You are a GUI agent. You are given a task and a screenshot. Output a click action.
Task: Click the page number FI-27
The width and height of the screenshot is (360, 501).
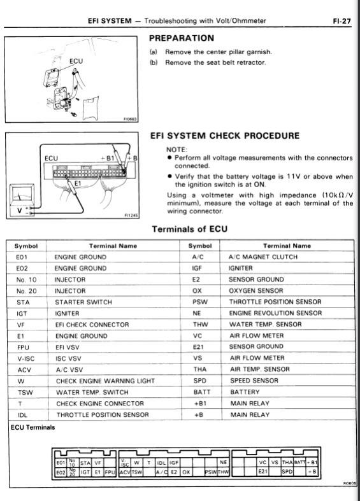(342, 21)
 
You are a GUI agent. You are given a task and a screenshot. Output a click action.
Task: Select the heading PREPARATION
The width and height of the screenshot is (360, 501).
(182, 38)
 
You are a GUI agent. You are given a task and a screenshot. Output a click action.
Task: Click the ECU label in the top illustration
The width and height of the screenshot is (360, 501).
(76, 61)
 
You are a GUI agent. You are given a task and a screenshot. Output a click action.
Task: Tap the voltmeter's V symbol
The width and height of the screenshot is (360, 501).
(20, 210)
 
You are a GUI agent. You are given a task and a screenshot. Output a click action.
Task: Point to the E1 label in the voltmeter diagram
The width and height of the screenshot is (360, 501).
(78, 183)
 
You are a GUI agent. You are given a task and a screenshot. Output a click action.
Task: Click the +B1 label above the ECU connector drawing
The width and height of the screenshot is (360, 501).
(108, 158)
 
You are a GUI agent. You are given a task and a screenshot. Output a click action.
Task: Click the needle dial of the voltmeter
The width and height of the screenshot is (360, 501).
(22, 194)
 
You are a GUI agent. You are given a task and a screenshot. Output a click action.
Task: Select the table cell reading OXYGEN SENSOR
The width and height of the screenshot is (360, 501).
(256, 291)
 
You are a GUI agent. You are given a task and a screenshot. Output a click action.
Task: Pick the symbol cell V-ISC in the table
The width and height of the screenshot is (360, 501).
(26, 358)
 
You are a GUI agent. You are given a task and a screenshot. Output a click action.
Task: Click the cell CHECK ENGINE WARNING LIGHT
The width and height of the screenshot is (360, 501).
(106, 381)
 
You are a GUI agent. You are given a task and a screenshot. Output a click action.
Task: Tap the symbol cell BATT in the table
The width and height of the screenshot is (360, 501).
(202, 392)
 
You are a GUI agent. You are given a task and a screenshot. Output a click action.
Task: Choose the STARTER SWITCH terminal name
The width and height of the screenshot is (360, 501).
(83, 302)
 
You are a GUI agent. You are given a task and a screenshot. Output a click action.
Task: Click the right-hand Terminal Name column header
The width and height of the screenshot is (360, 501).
(287, 246)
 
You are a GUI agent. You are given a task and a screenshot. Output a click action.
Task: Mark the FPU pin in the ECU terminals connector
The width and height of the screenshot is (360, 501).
(110, 472)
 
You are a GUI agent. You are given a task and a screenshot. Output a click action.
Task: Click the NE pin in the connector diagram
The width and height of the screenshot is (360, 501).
(223, 462)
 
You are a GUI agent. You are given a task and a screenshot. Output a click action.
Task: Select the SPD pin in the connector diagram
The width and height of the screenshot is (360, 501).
(287, 472)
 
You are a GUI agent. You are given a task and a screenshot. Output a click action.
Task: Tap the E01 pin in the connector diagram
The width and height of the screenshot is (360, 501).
(61, 463)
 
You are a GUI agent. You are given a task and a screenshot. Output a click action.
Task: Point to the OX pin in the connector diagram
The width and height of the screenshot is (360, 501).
(186, 472)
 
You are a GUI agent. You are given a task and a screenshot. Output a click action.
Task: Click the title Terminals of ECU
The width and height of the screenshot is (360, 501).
(190, 229)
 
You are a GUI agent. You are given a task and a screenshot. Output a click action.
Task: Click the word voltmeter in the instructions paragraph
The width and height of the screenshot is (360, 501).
(226, 195)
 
